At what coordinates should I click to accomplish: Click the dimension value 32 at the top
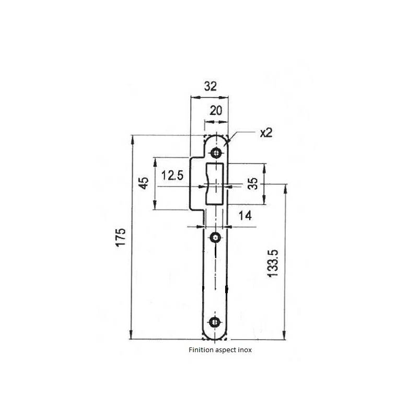[210, 87]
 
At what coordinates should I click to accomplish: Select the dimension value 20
[216, 110]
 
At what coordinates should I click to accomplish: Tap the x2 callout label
[266, 133]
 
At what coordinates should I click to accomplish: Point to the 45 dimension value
[143, 183]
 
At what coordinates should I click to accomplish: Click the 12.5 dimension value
[172, 176]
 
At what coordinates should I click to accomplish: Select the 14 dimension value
[244, 215]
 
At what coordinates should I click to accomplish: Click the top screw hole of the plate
[215, 153]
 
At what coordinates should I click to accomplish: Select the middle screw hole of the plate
[215, 238]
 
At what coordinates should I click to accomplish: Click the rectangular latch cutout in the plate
[215, 183]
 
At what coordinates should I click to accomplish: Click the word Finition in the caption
[201, 351]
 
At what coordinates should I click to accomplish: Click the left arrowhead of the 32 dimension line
[193, 97]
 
